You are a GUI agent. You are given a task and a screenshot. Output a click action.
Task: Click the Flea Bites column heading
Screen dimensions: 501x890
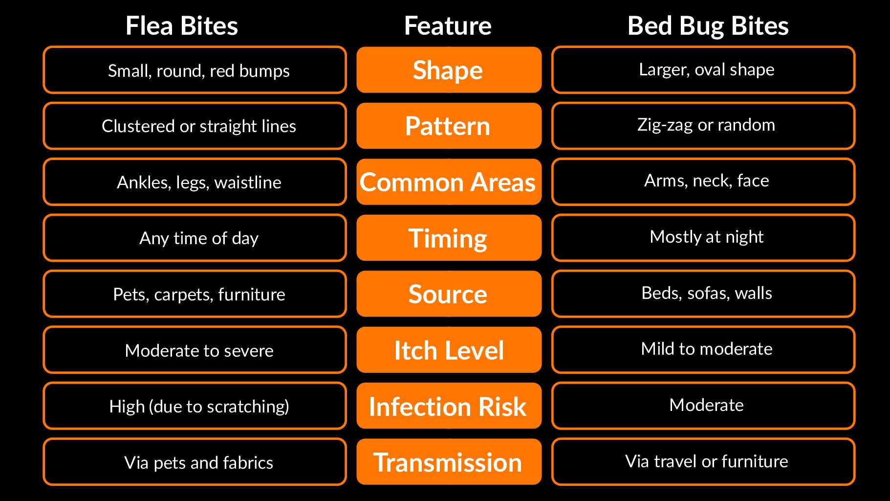tap(181, 26)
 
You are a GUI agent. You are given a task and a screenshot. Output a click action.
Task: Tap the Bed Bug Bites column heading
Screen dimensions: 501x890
tap(708, 26)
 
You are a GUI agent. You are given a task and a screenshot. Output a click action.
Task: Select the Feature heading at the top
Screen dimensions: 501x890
tap(448, 26)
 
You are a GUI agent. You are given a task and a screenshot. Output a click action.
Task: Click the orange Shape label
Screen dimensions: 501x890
tap(449, 70)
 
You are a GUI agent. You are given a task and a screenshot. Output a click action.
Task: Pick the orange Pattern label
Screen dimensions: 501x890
tap(449, 126)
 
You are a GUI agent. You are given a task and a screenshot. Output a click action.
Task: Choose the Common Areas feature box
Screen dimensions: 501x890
tap(449, 182)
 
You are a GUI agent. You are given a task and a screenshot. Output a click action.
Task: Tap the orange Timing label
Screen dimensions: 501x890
tap(449, 238)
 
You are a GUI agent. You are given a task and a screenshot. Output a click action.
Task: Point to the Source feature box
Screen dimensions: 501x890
tap(449, 294)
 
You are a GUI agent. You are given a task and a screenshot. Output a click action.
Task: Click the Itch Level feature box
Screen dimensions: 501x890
tap(449, 350)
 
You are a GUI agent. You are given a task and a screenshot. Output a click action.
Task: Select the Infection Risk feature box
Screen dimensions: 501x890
tap(449, 406)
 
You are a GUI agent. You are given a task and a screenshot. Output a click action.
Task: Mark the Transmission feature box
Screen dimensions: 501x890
tap(449, 462)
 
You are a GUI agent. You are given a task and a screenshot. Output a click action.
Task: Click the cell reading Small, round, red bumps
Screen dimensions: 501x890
tap(195, 70)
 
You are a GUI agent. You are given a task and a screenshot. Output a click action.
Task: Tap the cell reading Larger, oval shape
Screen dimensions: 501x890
tap(703, 70)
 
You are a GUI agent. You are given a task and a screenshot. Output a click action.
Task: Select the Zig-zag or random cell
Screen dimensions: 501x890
tap(703, 126)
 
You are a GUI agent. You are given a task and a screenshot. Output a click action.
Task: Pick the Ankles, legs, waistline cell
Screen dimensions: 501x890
tap(195, 182)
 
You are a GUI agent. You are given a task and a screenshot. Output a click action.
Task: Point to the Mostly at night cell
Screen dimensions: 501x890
tap(703, 238)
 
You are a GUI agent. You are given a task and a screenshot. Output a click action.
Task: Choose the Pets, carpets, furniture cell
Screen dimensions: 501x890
tap(195, 294)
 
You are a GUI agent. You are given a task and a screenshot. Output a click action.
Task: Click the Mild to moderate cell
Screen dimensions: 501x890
tap(703, 350)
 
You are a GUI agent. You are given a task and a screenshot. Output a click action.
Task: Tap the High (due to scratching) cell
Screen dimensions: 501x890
tap(195, 406)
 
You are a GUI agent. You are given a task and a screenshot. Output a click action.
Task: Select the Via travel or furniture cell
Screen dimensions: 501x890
tap(703, 462)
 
